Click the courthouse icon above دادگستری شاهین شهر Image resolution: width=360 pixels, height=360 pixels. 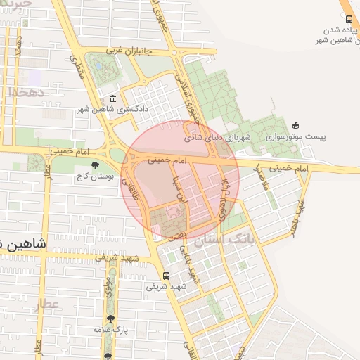click(113, 98)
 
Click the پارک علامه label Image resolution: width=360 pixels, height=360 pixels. click(108, 329)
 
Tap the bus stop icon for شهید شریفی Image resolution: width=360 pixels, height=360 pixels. click(166, 276)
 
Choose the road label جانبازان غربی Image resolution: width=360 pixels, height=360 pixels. click(124, 51)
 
